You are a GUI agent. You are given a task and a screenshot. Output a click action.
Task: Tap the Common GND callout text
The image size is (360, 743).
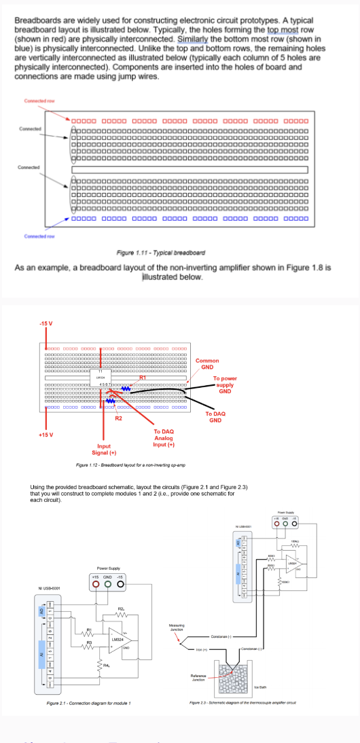click(207, 363)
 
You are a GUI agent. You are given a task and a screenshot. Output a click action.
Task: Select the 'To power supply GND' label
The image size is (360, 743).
click(224, 384)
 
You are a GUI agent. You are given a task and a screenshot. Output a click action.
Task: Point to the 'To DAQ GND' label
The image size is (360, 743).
click(215, 416)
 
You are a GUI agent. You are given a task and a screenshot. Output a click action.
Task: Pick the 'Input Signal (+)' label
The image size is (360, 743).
click(104, 449)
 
